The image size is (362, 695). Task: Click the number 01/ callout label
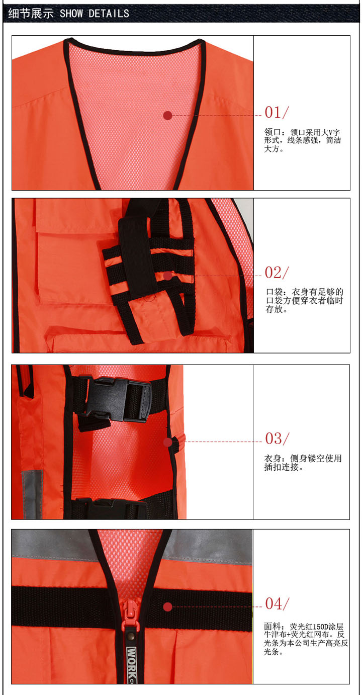pos(277,112)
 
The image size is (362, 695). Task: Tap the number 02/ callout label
pos(277,273)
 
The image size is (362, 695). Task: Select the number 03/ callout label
pos(277,439)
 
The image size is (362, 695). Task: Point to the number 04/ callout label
pos(277,604)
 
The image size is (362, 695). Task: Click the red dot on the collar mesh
pos(168,116)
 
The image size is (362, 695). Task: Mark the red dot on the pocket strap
pos(168,276)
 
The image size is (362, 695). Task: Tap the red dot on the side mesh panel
pos(168,442)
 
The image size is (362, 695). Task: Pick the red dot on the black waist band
pos(168,607)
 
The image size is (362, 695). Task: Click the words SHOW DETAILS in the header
pos(95,14)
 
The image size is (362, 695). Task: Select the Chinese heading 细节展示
pos(31,14)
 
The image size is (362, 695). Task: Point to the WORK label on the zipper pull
pos(132,660)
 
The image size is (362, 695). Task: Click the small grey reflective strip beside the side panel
pos(33,494)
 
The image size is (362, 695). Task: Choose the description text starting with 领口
pos(303,140)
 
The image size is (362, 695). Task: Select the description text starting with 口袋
pos(304,300)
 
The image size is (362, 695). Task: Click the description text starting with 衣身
pos(303,463)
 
